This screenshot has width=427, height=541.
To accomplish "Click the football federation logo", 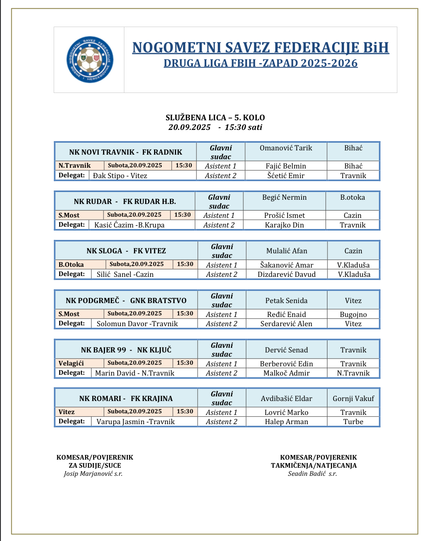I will point(90,59).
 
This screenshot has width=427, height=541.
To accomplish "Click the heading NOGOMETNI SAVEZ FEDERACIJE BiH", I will point(261,48).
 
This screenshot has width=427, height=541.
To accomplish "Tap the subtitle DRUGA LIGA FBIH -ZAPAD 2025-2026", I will point(261,63).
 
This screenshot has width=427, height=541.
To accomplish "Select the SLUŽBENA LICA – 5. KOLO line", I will point(215,118).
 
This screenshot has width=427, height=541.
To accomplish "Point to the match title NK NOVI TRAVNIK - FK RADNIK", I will point(125,152).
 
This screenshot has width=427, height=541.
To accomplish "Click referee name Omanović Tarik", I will point(286,148).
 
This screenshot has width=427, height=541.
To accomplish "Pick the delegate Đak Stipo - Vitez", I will point(120,176).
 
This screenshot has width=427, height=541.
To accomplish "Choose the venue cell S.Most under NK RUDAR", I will point(69,215).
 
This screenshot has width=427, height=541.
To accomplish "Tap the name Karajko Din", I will point(284,225).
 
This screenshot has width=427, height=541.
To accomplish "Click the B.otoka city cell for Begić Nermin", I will point(352,197).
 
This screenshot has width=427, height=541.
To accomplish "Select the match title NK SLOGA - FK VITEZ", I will point(126,251).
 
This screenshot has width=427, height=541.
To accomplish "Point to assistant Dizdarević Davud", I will point(286,275).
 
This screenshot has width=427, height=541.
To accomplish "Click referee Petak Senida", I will point(286,301).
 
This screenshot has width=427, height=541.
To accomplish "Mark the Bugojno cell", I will point(353,315).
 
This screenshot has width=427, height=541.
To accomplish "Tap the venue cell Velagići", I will point(71,363).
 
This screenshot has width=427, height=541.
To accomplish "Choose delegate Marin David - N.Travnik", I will point(135,373).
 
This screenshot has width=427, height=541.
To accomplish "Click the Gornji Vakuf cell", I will point(353,399).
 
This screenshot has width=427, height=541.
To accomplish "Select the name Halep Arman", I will point(286,422).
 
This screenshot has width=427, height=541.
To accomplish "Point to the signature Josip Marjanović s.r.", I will point(93,474).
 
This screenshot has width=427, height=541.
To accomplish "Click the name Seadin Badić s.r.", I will point(312,474).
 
